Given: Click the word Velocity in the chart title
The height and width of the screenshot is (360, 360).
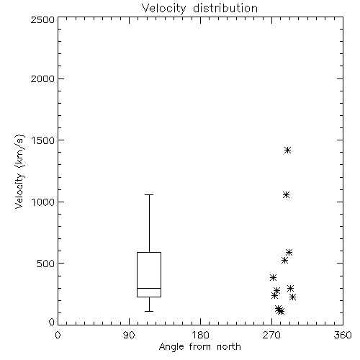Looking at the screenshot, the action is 164,9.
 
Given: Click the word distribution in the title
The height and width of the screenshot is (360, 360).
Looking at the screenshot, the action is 225,8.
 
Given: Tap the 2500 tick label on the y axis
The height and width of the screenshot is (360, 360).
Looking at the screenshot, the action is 42,19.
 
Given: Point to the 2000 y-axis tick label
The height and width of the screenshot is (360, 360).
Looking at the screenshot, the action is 42,78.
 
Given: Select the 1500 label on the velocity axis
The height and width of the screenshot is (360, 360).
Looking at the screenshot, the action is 43,140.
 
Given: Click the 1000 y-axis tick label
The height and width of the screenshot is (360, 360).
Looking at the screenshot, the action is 43,202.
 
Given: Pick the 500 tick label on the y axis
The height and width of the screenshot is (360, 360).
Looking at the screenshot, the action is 46,264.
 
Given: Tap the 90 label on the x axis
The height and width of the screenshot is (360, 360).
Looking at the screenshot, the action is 129,335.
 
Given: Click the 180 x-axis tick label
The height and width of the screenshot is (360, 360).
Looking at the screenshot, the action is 200,335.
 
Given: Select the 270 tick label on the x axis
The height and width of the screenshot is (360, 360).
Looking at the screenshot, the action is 271,335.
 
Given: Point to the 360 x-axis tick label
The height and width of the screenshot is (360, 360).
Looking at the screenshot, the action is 343,335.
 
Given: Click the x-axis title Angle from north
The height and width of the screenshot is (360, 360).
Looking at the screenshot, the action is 200,347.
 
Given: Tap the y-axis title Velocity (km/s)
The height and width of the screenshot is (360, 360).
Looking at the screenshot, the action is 19,171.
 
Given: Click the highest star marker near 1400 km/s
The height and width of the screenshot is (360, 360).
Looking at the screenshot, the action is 287,150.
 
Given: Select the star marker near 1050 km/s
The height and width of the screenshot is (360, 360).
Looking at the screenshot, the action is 286,194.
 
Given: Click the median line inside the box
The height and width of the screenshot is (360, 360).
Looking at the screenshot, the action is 149,288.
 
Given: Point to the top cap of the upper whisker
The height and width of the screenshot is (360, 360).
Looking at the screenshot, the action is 149,194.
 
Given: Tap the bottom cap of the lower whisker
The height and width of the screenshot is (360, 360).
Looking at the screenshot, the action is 149,311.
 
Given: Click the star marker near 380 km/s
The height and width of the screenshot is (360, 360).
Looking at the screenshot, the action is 273,277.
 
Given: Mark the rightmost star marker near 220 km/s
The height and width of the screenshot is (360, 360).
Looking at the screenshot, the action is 292,297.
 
